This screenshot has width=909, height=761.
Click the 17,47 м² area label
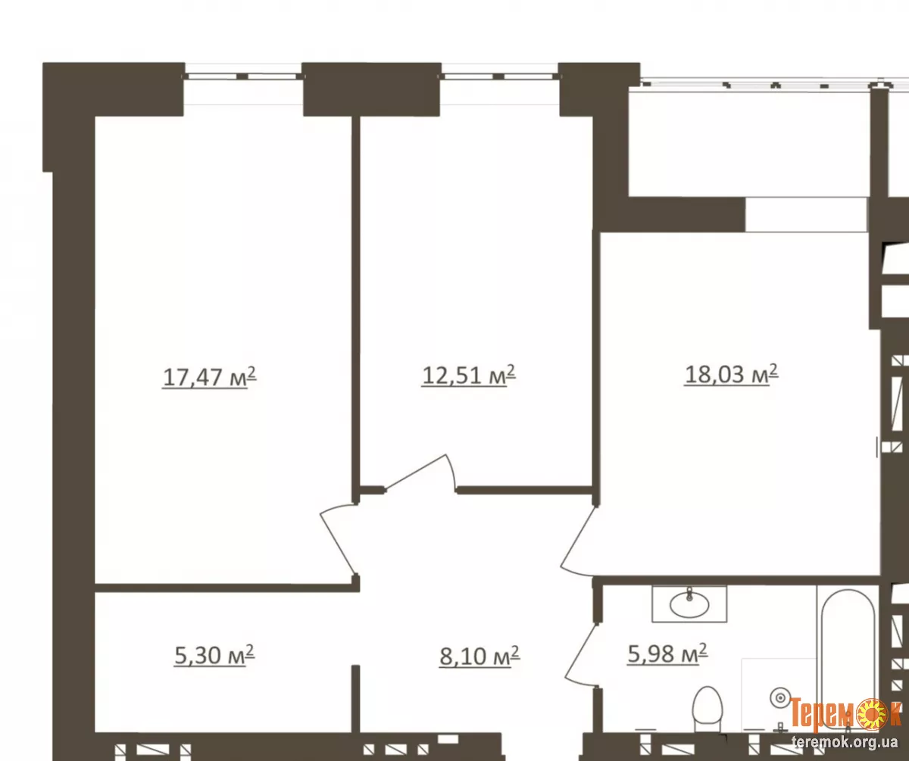[x=209, y=377]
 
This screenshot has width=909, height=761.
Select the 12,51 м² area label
[x=468, y=375]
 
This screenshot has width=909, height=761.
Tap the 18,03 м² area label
[x=732, y=374]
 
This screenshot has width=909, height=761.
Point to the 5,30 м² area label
[x=214, y=655]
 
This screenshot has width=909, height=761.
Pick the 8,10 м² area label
[x=479, y=657]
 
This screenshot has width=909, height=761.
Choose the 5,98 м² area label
[x=667, y=653]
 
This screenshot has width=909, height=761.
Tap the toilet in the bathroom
[x=708, y=710]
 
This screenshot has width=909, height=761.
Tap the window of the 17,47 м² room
[x=243, y=76]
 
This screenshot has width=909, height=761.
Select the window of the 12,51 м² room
[x=499, y=76]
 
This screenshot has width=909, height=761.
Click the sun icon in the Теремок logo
[x=870, y=714]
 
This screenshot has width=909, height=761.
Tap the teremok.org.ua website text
[x=845, y=743]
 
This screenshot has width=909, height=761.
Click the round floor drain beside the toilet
[x=780, y=698]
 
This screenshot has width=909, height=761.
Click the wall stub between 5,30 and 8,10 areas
[x=356, y=699]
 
